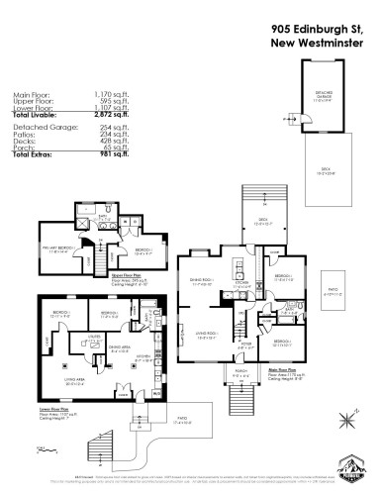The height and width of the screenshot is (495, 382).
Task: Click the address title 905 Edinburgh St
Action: [316, 29]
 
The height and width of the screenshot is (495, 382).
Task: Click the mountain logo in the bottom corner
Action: [352, 464]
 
